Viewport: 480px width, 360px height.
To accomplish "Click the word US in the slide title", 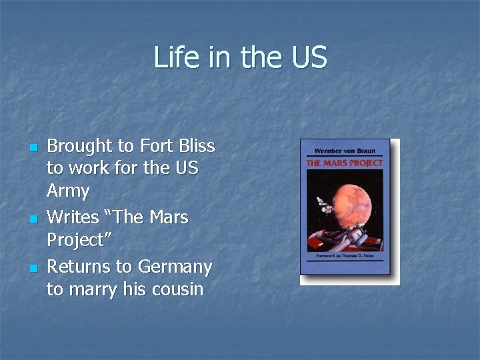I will tap(309, 57).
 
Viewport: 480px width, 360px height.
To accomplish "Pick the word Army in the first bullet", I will tap(68, 191).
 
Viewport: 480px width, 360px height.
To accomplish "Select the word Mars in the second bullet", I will tap(167, 217).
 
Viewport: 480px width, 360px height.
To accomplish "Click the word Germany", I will tap(175, 267).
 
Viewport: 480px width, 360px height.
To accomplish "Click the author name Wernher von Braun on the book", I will tap(345, 151).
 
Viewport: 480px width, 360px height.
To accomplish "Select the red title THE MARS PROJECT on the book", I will tap(345, 163).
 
